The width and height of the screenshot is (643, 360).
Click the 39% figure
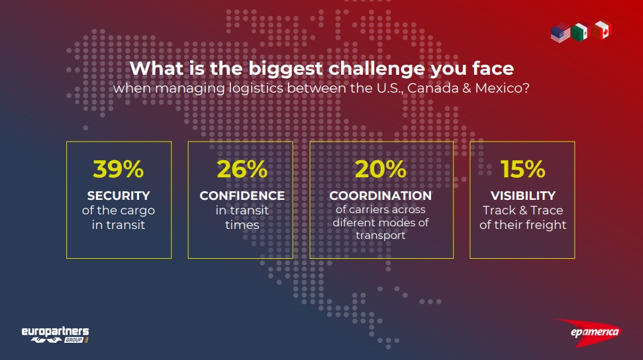click(x=119, y=169)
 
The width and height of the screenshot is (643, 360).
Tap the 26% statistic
click(x=242, y=169)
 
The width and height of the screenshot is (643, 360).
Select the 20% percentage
click(x=381, y=169)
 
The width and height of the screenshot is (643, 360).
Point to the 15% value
click(x=523, y=169)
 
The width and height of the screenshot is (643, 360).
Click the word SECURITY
click(x=119, y=196)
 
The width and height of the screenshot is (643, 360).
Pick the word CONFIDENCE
click(x=242, y=196)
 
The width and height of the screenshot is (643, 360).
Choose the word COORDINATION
click(x=381, y=196)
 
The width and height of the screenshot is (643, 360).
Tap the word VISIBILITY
click(x=523, y=196)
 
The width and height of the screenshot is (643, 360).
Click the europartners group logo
click(x=55, y=335)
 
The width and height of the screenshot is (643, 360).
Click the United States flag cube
click(x=561, y=32)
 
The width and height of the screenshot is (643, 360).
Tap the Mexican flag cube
click(x=580, y=32)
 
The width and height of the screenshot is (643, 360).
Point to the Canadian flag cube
click(x=601, y=30)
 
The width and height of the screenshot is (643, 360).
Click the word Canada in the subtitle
click(x=433, y=88)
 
